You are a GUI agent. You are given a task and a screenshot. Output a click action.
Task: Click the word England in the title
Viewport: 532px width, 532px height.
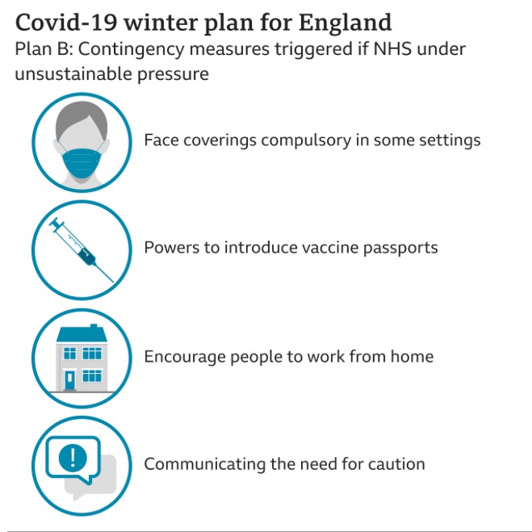345,23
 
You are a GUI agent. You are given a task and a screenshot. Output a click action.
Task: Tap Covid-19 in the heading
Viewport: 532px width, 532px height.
66,23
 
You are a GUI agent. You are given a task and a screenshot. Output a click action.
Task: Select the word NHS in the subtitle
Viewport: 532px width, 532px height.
392,49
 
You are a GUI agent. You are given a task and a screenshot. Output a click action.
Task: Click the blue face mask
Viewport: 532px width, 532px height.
82,163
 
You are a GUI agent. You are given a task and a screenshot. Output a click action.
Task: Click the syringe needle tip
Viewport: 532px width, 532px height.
113,282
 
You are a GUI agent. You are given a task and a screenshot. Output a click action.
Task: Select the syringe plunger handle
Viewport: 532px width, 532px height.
56,224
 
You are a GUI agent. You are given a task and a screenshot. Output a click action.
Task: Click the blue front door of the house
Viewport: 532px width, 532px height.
70,380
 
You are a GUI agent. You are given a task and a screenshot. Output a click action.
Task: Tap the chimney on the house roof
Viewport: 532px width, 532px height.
94,326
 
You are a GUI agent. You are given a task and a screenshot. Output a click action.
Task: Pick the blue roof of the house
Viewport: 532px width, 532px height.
82,334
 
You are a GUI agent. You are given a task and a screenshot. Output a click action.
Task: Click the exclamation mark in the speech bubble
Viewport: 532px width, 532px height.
73,458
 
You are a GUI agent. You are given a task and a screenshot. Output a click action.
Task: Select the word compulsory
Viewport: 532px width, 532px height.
306,140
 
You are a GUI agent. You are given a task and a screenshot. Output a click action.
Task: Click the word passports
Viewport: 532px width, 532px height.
400,249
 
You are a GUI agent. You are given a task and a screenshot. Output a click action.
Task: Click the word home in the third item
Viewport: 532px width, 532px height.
412,356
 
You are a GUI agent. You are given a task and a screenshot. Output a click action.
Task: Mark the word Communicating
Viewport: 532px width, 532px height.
205,464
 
